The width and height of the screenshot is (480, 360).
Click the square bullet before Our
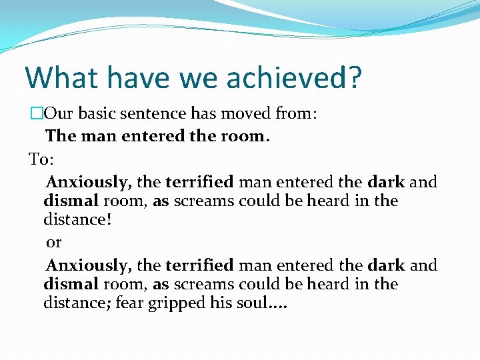pos(36,114)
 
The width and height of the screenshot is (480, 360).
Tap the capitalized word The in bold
pos(61,136)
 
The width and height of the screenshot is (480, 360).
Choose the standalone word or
pos(54,241)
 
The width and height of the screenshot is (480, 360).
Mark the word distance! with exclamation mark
pos(75,219)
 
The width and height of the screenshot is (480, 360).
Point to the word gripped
pos(182,304)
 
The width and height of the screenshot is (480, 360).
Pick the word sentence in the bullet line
pos(163,114)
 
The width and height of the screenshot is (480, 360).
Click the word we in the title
pos(197,78)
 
